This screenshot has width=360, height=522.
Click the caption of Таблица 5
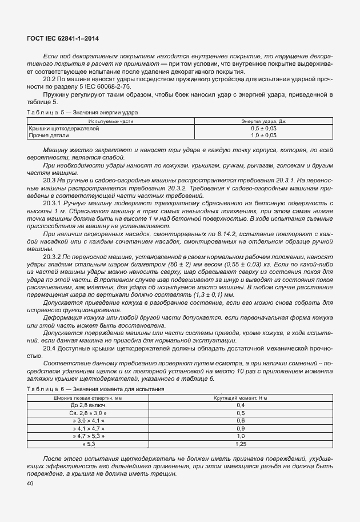click(82, 112)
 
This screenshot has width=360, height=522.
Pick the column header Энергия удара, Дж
click(263, 121)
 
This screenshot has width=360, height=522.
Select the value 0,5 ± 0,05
click(263, 129)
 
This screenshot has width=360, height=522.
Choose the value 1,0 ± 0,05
click(263, 136)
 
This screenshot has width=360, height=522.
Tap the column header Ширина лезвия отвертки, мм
click(88, 397)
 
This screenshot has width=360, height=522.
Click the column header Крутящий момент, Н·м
click(241, 397)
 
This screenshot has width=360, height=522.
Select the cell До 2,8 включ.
click(88, 405)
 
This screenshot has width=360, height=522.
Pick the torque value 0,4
click(241, 405)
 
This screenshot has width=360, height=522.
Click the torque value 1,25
click(241, 443)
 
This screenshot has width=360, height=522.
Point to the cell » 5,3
click(88, 443)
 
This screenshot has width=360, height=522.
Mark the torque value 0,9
click(241, 428)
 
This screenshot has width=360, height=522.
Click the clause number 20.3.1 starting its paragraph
click(52, 203)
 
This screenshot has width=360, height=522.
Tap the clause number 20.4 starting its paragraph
click(49, 347)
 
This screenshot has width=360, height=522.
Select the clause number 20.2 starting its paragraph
click(49, 79)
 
